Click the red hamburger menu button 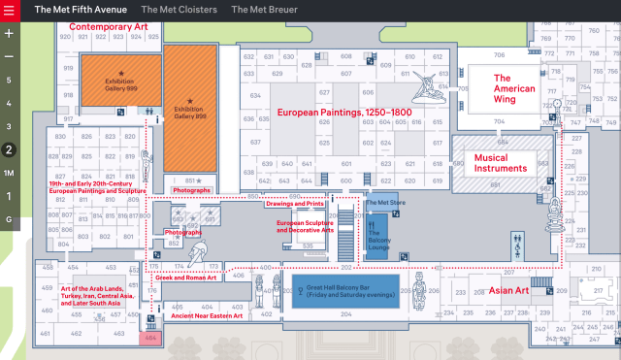coord(9,9)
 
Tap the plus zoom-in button coord(9,33)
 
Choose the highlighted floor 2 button coord(9,149)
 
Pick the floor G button coord(9,219)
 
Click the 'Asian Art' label coord(507,263)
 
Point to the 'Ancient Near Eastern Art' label coord(206,315)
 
